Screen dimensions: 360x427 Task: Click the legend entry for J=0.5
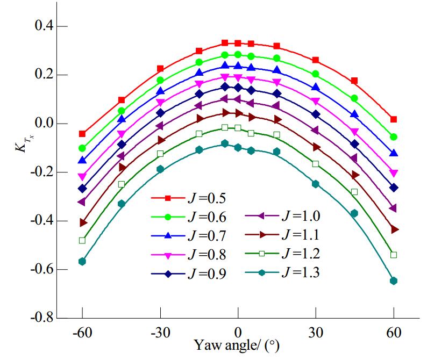click(188, 199)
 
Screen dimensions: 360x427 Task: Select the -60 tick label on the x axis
click(82, 333)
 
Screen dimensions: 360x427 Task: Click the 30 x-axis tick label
click(316, 333)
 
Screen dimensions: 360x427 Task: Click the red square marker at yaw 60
click(394, 119)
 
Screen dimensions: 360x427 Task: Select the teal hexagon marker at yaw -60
click(82, 261)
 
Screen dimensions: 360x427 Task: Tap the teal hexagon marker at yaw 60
click(394, 280)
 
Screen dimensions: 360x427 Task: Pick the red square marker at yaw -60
click(82, 134)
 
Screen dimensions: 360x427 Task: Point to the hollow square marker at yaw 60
click(394, 255)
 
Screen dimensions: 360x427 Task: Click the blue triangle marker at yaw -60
click(82, 161)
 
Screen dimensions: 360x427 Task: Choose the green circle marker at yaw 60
click(394, 137)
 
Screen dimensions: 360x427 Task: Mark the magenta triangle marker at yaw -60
click(82, 177)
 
